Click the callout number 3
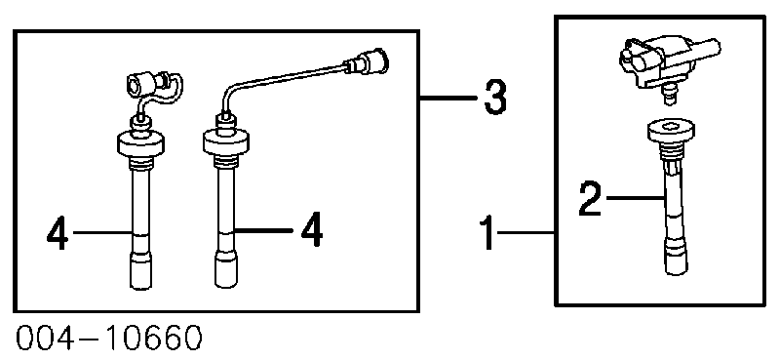[x=495, y=99]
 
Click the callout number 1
[x=489, y=232]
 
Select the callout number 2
[x=591, y=199]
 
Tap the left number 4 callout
[x=58, y=232]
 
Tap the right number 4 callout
[x=311, y=230]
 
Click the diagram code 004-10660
[x=109, y=339]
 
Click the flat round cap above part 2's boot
[x=672, y=130]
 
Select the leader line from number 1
[x=526, y=232]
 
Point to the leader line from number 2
[x=636, y=199]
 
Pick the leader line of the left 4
[x=103, y=232]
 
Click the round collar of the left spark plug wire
[x=139, y=143]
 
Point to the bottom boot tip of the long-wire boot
[x=226, y=269]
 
